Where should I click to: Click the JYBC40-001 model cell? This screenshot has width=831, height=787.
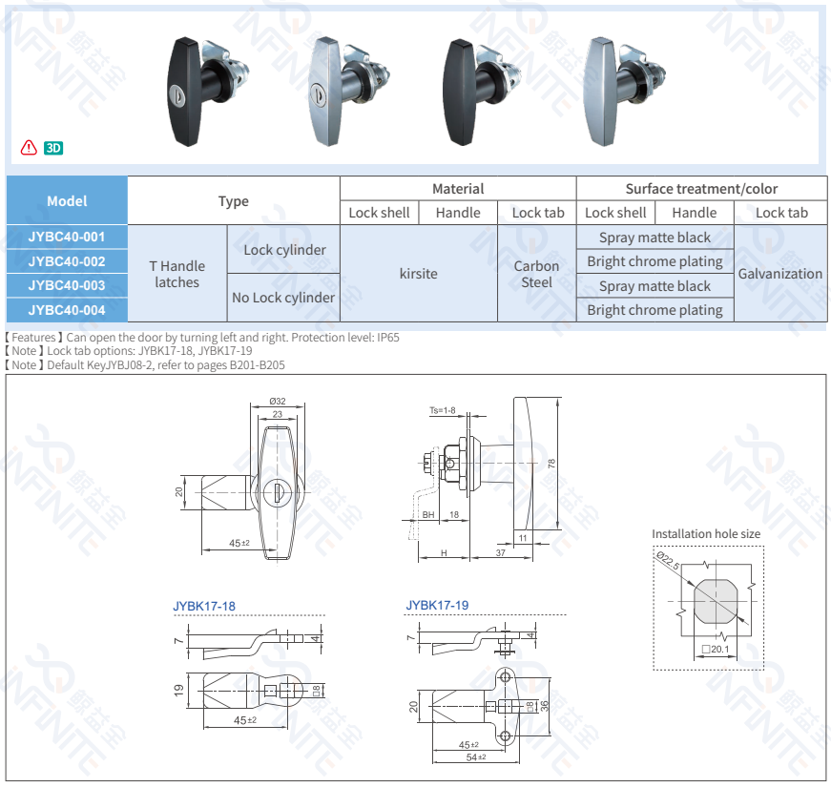pos(67,237)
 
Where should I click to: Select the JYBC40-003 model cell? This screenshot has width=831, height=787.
pos(67,285)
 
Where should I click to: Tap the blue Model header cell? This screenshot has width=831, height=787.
pos(67,200)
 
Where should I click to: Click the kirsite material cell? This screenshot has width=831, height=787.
pos(418,274)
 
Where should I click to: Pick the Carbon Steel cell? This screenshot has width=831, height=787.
pos(537,274)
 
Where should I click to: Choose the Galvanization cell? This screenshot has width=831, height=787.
pos(779,274)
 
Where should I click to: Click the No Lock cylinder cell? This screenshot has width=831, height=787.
pos(283,298)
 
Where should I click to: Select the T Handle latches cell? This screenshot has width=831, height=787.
pos(177,274)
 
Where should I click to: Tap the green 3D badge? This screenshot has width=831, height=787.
pos(53,148)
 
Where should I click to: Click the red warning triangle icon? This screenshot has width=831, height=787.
pos(29,148)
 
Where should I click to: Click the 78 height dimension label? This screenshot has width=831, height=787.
pos(551,465)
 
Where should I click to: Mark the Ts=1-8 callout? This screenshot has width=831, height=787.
pos(442,411)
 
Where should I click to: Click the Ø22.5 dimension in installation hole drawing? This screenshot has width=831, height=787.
pos(667,560)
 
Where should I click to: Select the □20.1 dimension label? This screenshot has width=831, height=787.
pos(715,650)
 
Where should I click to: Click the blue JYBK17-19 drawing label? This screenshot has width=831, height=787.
pos(437,605)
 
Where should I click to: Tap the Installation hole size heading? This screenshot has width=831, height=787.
pos(706,534)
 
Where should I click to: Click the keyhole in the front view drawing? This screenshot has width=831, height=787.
pos(279,492)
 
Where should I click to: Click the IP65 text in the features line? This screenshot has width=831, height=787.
pos(386,338)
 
